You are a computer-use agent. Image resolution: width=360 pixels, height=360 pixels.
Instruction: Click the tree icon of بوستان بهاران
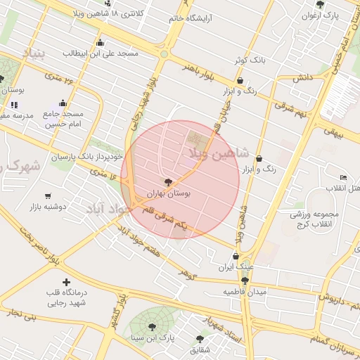pyautogui.click(x=167, y=181)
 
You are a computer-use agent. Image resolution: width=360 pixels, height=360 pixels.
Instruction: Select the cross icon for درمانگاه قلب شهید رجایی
pyautogui.click(x=67, y=282)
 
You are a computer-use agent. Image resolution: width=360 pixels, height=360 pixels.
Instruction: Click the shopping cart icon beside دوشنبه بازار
pyautogui.click(x=48, y=196)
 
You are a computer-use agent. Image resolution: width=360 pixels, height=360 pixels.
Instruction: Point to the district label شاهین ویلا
pyautogui.click(x=219, y=153)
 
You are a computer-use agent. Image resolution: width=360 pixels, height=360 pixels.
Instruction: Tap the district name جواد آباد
pyautogui.click(x=109, y=209)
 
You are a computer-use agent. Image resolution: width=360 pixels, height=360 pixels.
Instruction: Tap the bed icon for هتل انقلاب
pyautogui.click(x=342, y=177)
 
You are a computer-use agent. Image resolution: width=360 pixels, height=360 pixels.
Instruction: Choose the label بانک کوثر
pyautogui.click(x=251, y=61)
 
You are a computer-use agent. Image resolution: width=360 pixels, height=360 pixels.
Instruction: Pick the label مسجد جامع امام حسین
pyautogui.click(x=63, y=119)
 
